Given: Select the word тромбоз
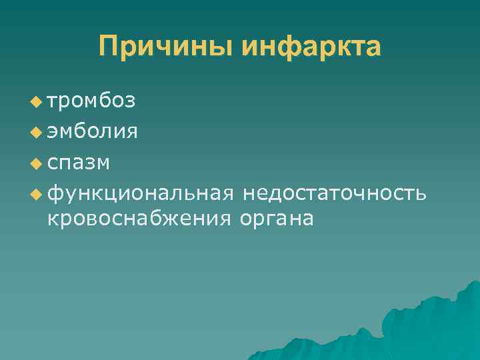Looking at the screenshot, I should pyautogui.click(x=91, y=101).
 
